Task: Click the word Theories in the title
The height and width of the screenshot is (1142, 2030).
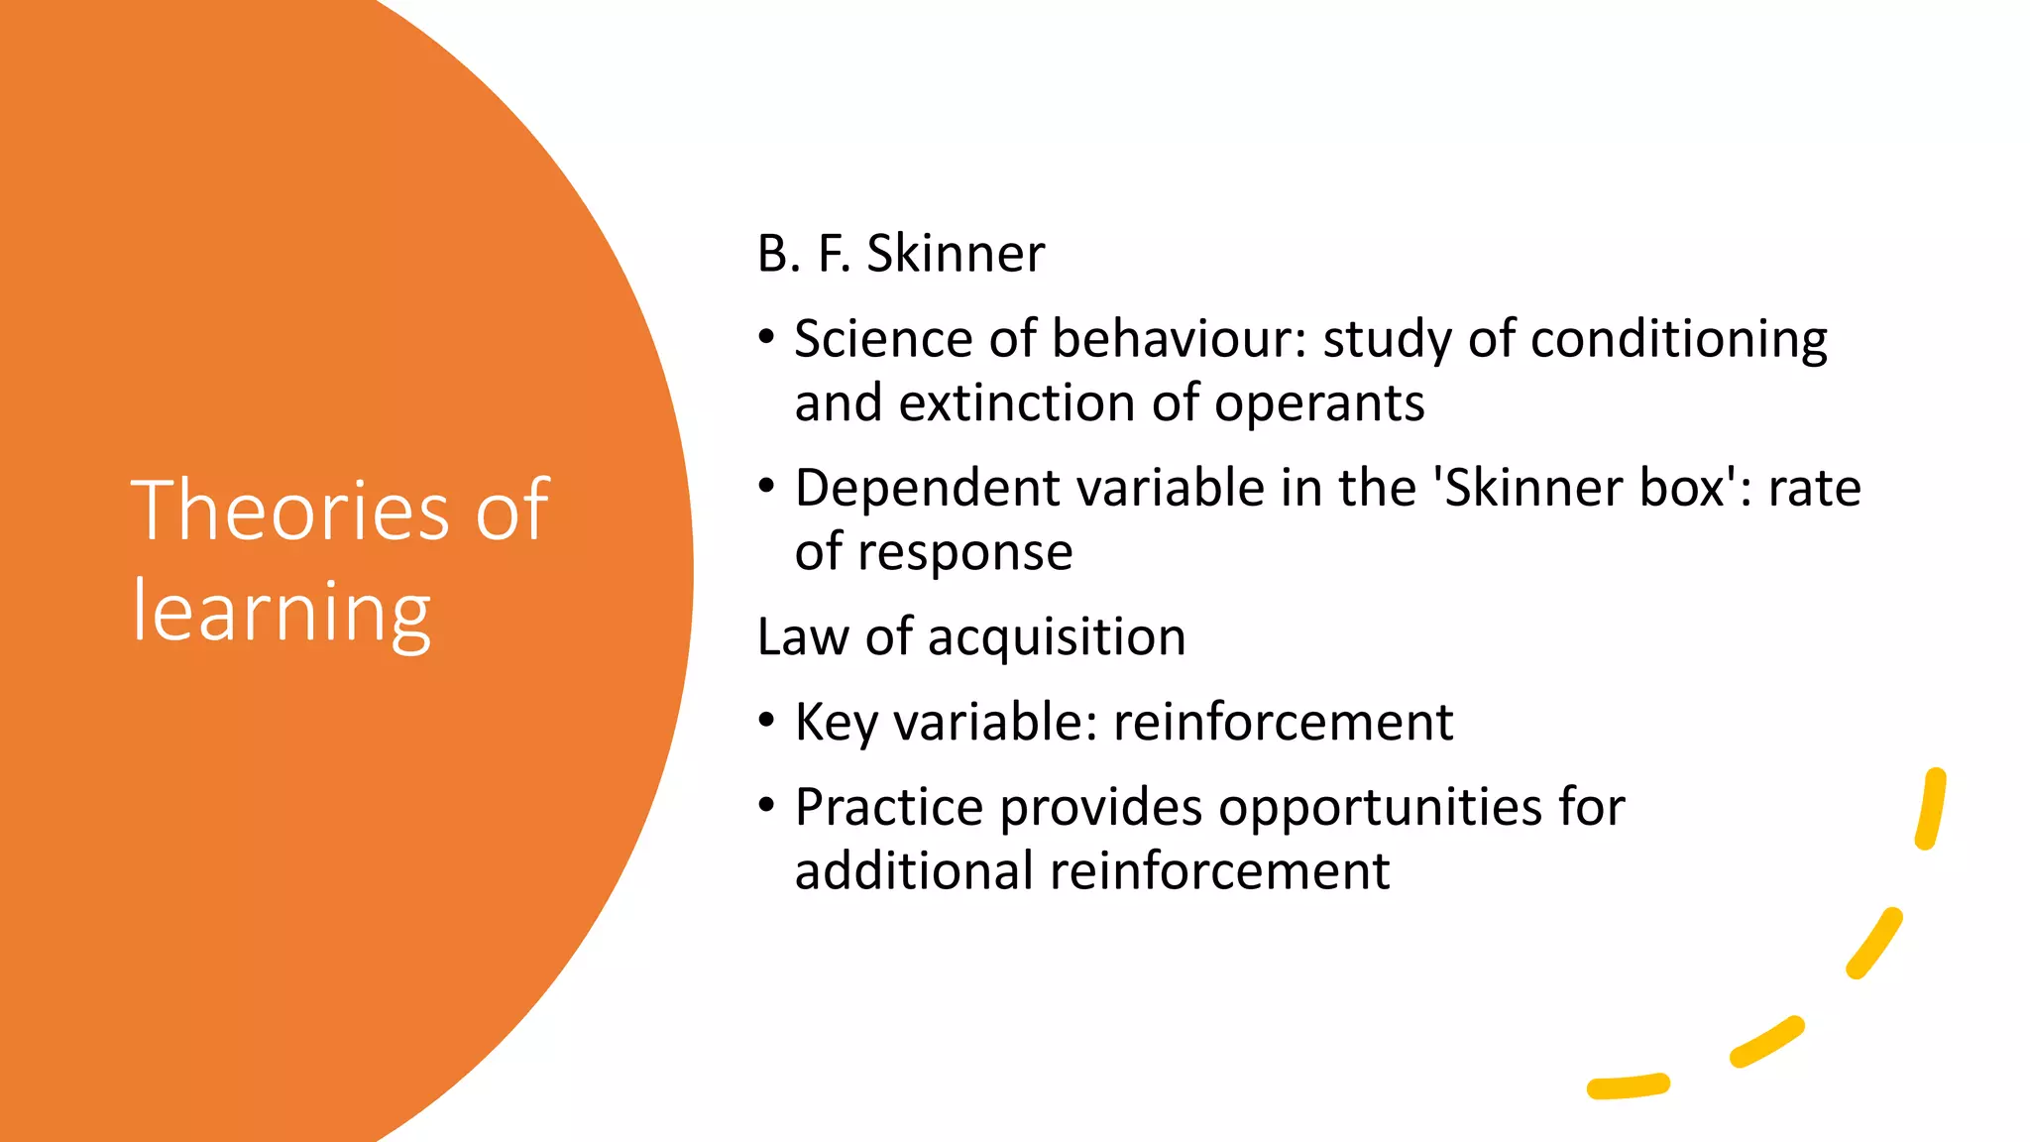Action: (x=289, y=510)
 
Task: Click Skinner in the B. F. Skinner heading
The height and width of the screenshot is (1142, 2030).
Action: (x=956, y=254)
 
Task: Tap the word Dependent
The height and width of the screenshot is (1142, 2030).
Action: (x=927, y=489)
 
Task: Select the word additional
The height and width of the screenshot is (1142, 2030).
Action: (x=913, y=871)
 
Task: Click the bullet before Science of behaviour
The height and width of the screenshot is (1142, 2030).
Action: (x=766, y=338)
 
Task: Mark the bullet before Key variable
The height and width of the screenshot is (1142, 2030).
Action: (x=766, y=721)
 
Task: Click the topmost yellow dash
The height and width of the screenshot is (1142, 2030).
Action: (x=1931, y=809)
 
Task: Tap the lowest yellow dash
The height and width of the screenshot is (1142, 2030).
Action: (x=1628, y=1086)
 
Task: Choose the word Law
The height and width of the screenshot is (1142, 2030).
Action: (x=802, y=636)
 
